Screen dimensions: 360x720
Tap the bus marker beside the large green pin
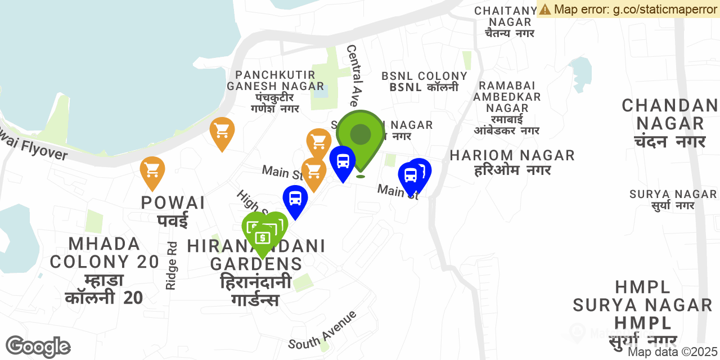coord(343,161)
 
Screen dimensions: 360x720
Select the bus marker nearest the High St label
coord(295,199)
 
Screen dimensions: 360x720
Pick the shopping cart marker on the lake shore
coord(222,132)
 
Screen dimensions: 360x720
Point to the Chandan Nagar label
coord(669,123)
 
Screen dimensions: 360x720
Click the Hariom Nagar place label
coord(512,162)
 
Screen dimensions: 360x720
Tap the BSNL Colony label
coord(425,82)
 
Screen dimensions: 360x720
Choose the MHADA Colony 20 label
coord(105,271)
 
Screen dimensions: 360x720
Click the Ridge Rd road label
coord(172,265)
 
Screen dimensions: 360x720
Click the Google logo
coord(38,346)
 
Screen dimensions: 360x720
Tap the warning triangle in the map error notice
coord(544,9)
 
